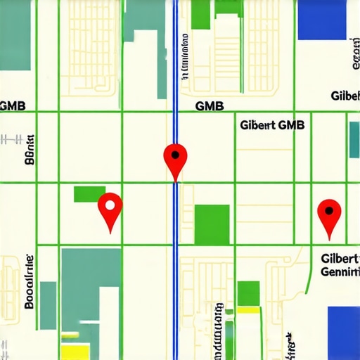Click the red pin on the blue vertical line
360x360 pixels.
tap(174, 158)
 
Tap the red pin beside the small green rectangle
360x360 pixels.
tap(110, 208)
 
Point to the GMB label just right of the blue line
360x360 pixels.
tap(209, 106)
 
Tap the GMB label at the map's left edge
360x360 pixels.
tap(13, 106)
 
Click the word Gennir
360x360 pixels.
tap(340, 272)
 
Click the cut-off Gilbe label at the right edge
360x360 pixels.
tap(345, 96)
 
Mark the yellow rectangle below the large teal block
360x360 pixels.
tap(76, 351)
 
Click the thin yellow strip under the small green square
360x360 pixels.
tap(249, 309)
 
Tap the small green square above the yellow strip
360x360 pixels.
tap(249, 292)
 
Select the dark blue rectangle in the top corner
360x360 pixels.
tap(323, 20)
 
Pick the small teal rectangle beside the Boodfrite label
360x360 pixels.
tap(48, 304)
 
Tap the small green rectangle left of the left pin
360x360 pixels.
tap(89, 193)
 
